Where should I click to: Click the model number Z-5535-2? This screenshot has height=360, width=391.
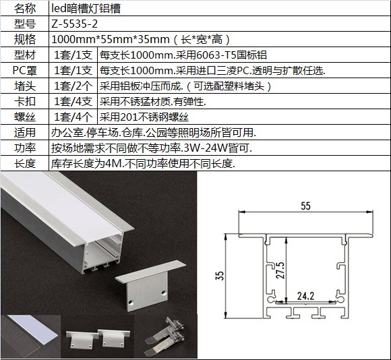pos(74,24)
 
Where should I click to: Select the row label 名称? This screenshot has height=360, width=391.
pos(25,9)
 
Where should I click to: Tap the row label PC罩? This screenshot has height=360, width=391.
pos(25,71)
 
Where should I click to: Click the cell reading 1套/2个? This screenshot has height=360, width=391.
pos(73,86)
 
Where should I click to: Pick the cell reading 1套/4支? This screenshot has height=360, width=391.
pos(73,102)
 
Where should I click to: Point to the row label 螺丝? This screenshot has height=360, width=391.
pos(25,117)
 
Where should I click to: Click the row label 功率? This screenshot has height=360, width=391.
pos(25,148)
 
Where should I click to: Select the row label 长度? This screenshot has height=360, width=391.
pos(25,164)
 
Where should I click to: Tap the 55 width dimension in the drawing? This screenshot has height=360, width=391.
pos(305,206)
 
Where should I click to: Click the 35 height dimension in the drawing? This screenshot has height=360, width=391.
pos(220,276)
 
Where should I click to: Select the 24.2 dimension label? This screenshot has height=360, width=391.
pos(305,296)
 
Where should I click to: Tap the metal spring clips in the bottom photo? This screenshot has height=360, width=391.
pos(166,336)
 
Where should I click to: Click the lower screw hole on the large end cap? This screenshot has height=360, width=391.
pos(130,303)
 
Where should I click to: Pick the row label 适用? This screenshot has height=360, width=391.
pos(25,132)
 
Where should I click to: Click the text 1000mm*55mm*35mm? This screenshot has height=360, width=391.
pos(111,39)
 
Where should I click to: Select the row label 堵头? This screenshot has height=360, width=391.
pos(25,86)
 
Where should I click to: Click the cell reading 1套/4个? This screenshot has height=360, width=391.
pos(73,117)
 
